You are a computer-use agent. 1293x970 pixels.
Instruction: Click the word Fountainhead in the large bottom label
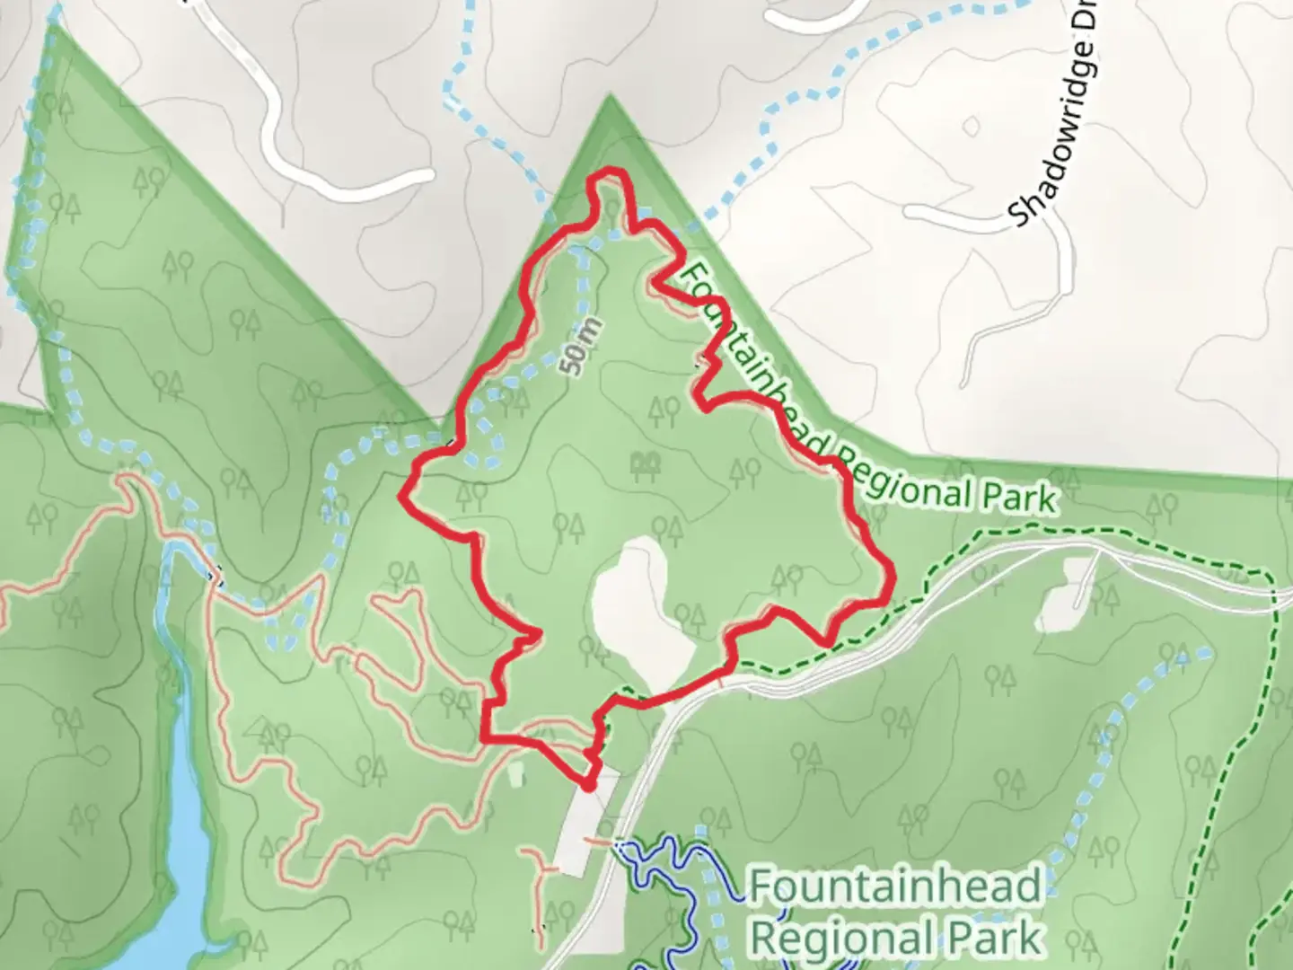coord(895,886)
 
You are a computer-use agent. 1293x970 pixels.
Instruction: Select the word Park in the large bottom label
coord(987,938)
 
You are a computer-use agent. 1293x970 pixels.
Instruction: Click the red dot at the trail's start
coord(589,785)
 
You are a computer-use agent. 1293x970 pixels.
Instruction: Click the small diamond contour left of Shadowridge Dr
coord(971,126)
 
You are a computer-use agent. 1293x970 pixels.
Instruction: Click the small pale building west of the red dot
coord(515,774)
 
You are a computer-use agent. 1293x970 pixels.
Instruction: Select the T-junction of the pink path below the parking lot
coord(544,870)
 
